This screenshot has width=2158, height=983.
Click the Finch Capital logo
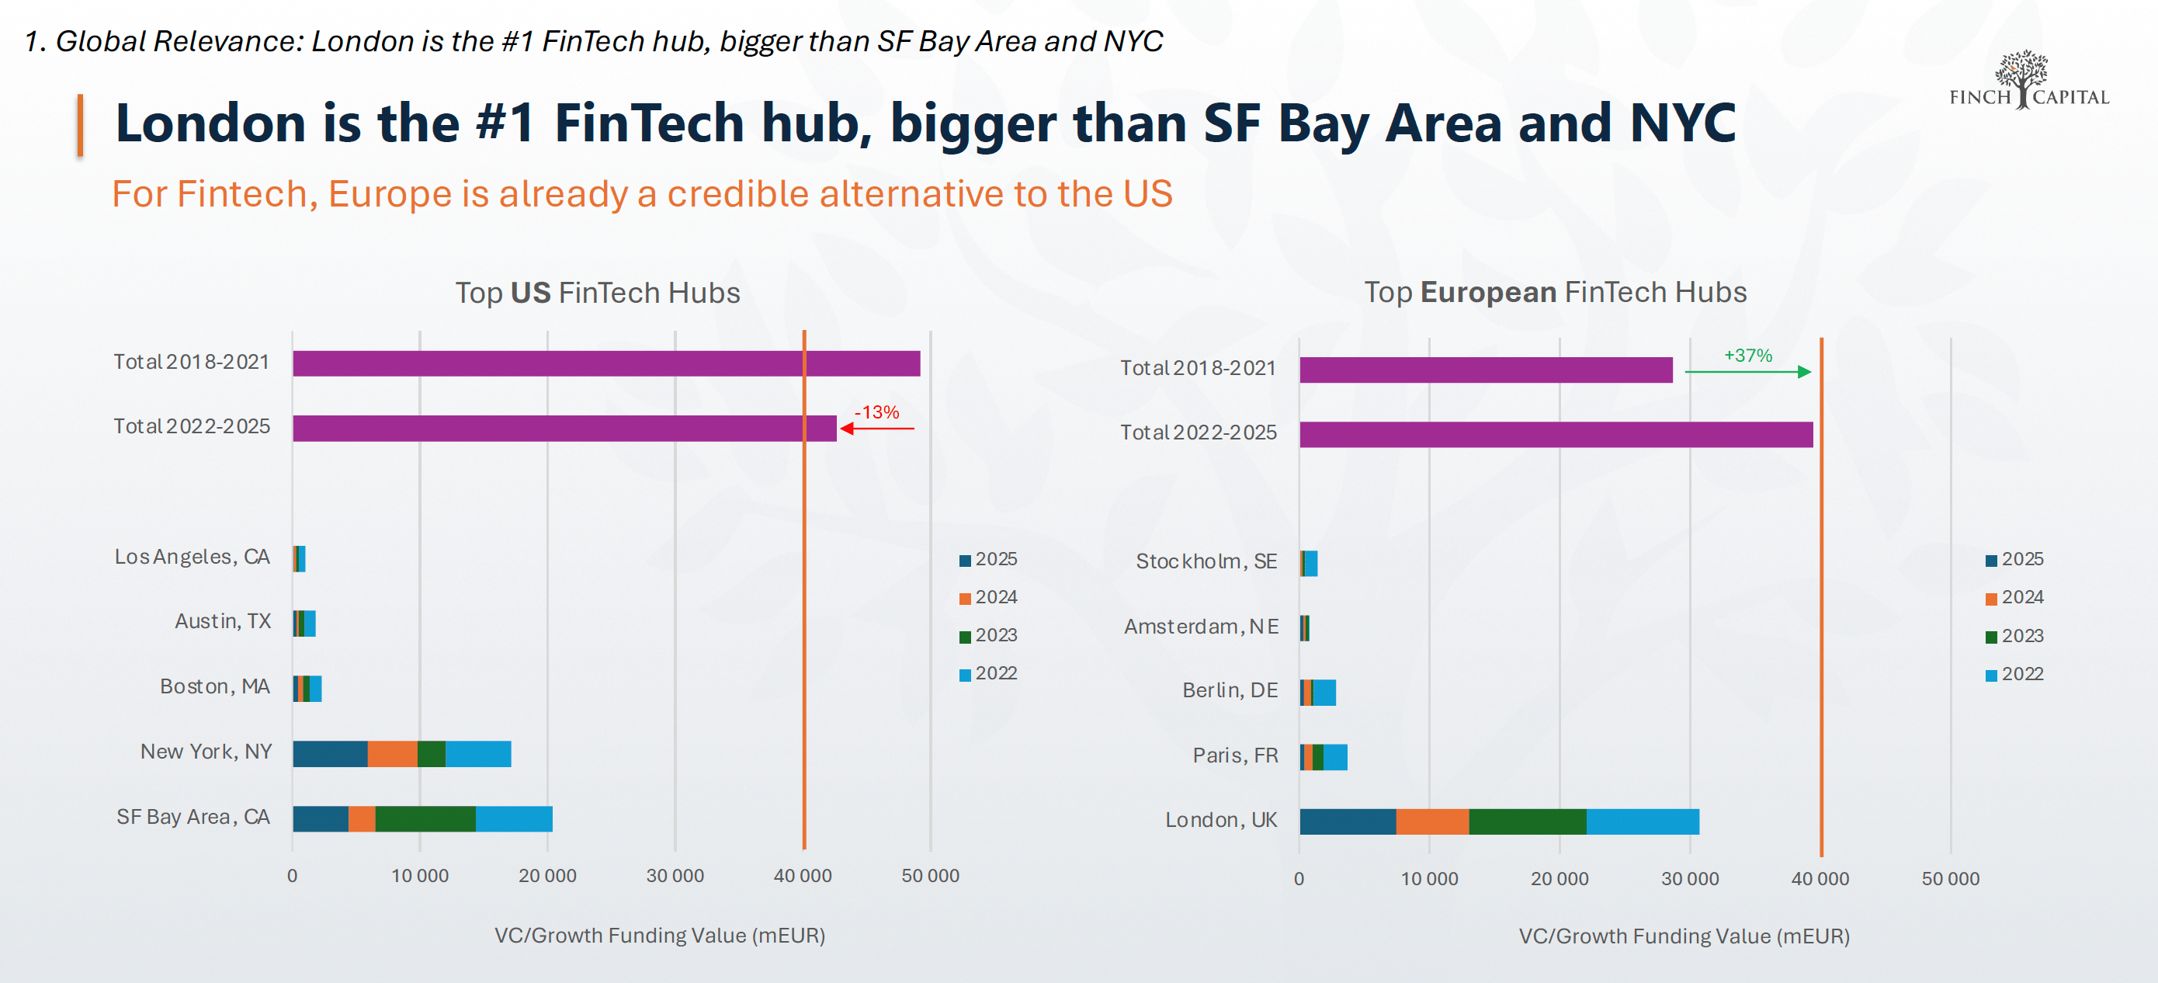point(2028,82)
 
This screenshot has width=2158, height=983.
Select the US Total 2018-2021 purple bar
point(605,363)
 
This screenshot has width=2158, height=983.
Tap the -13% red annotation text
point(876,412)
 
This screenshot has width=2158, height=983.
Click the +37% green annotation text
point(1747,356)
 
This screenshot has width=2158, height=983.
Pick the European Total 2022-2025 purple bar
point(1556,434)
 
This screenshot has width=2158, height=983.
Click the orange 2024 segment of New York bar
point(392,754)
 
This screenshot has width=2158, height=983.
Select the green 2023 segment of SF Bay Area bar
point(425,818)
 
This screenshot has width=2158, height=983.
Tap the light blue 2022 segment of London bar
point(1642,822)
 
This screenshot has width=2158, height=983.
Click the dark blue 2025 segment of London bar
point(1347,822)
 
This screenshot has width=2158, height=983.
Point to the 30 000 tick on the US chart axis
point(675,876)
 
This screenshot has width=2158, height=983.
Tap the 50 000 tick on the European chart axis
point(1949,879)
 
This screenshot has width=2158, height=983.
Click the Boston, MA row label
point(214,686)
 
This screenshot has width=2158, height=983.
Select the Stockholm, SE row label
point(1206,561)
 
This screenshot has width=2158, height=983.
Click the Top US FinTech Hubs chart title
point(597,293)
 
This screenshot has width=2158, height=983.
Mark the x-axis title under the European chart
point(1684,936)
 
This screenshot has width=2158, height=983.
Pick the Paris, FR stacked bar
point(1323,757)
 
